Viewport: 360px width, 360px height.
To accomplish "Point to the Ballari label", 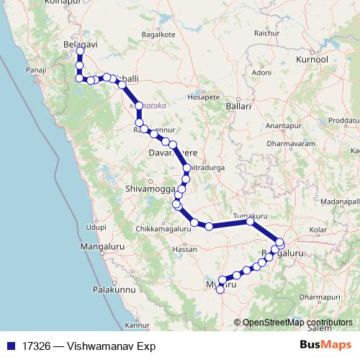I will [238, 106].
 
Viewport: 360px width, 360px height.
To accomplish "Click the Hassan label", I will [186, 250].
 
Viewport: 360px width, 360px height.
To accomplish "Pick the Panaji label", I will [36, 70].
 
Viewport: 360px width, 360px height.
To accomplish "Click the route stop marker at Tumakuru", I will [249, 222].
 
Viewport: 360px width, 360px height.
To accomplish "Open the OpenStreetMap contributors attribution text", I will [297, 323].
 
